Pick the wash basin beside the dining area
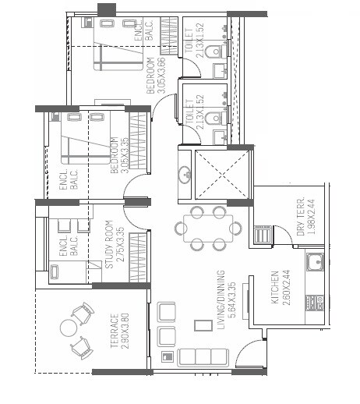coord(185,173)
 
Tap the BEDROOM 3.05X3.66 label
coord(156,75)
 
